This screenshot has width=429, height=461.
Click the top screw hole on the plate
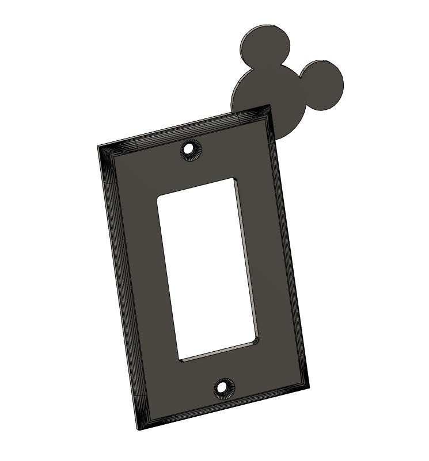pos(188,149)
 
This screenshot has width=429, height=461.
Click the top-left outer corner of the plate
pos(98,146)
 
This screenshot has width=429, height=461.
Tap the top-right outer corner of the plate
pos(269,105)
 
